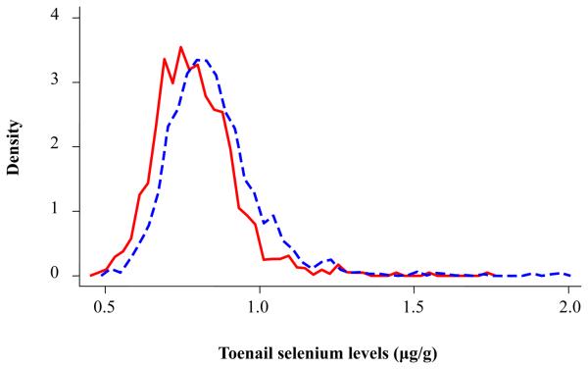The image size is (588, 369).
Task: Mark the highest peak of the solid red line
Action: [180, 47]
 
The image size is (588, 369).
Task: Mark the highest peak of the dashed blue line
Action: [200, 60]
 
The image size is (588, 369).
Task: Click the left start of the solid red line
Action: [91, 276]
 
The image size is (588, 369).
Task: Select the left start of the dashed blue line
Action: [102, 275]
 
